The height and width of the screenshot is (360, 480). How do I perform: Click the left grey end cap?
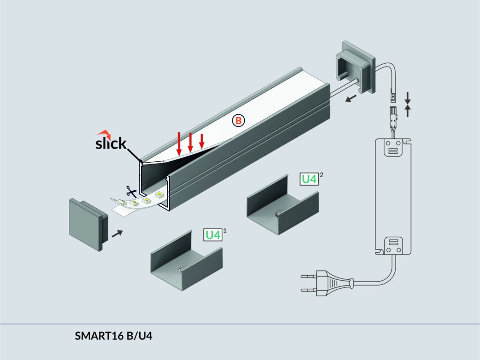[x=89, y=224]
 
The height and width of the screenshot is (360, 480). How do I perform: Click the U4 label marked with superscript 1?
[x=213, y=234]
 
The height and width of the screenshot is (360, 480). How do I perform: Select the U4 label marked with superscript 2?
[x=309, y=179]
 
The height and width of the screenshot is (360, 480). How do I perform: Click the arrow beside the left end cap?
[x=118, y=233]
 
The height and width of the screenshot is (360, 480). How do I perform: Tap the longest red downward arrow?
[x=179, y=143]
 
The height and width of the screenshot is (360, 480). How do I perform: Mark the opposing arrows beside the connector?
[x=408, y=104]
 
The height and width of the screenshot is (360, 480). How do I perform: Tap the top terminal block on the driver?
[x=393, y=149]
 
